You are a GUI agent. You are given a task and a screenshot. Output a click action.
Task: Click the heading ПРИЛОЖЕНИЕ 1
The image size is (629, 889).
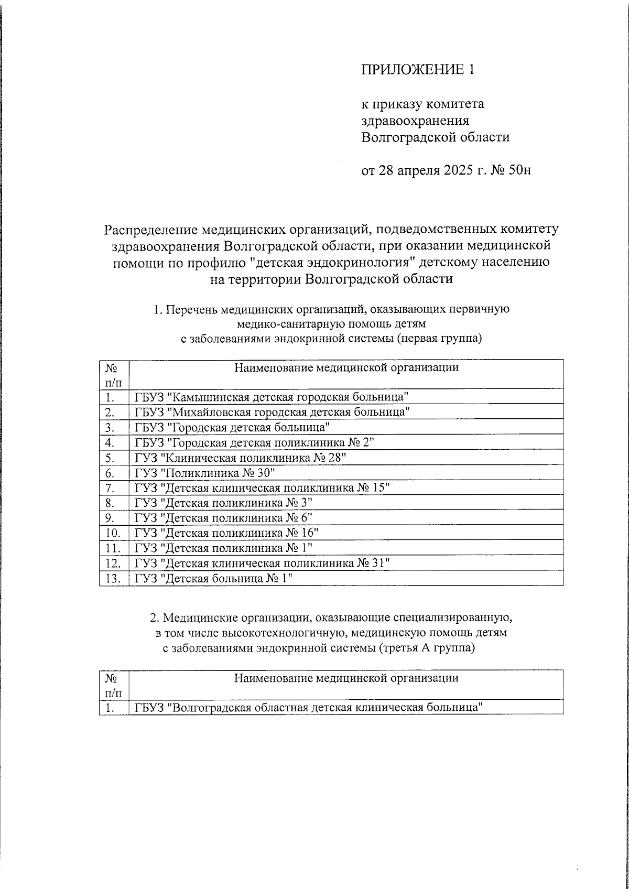coord(417,70)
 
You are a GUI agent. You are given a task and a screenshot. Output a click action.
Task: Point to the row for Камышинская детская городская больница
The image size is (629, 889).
coord(272,397)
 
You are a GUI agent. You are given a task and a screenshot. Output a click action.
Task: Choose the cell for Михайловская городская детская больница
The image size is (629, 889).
coord(272,412)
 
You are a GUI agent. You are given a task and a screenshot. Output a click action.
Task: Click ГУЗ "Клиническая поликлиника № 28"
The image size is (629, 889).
coord(241,458)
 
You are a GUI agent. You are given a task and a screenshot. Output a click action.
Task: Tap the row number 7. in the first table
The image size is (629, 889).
coord(110,488)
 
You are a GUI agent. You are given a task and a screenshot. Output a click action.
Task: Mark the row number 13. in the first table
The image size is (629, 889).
coord(113,579)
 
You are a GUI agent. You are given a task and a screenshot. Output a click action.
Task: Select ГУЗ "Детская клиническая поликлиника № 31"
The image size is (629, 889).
coord(262,563)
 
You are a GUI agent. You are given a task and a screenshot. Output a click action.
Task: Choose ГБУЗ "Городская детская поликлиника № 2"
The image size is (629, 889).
coord(254,442)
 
